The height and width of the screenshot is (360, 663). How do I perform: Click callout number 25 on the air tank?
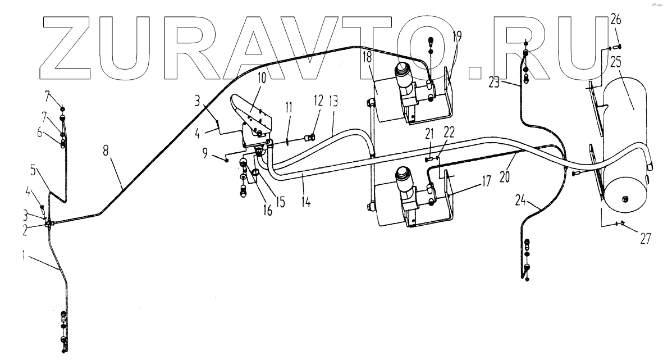tap(616, 62)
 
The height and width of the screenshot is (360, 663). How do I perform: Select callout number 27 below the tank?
tap(644, 238)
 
